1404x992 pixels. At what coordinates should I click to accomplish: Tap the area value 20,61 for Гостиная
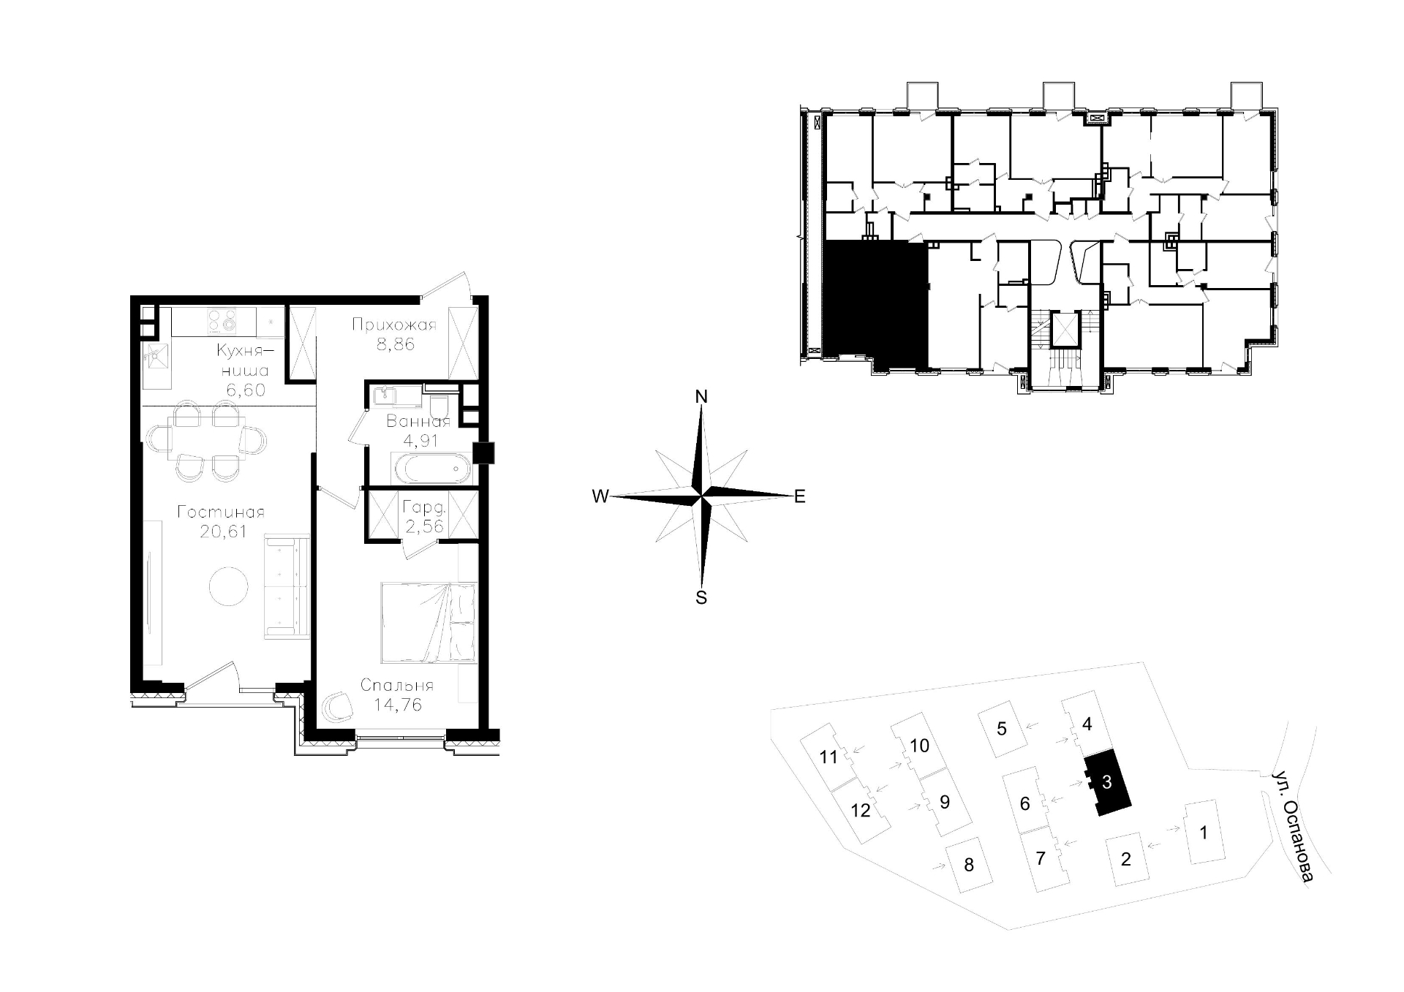(223, 531)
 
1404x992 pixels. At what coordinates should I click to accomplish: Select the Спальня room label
(397, 685)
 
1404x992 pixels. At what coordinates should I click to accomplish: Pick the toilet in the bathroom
(439, 405)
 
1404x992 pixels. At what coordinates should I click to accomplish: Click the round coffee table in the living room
(230, 586)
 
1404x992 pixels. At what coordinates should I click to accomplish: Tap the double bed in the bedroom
(429, 623)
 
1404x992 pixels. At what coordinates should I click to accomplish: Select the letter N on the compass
(701, 397)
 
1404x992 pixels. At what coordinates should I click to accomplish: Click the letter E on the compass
(799, 497)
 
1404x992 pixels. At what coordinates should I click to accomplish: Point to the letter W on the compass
(600, 497)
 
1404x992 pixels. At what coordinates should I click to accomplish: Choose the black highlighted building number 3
(1106, 782)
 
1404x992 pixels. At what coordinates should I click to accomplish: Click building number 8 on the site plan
(969, 866)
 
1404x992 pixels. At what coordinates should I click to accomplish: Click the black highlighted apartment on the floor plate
(875, 304)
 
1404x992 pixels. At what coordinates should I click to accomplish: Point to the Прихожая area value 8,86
(396, 344)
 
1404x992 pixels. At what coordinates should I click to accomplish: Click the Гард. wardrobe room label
(424, 506)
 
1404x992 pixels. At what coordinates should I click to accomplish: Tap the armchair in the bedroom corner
(339, 706)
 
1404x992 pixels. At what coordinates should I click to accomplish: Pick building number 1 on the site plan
(1204, 832)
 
